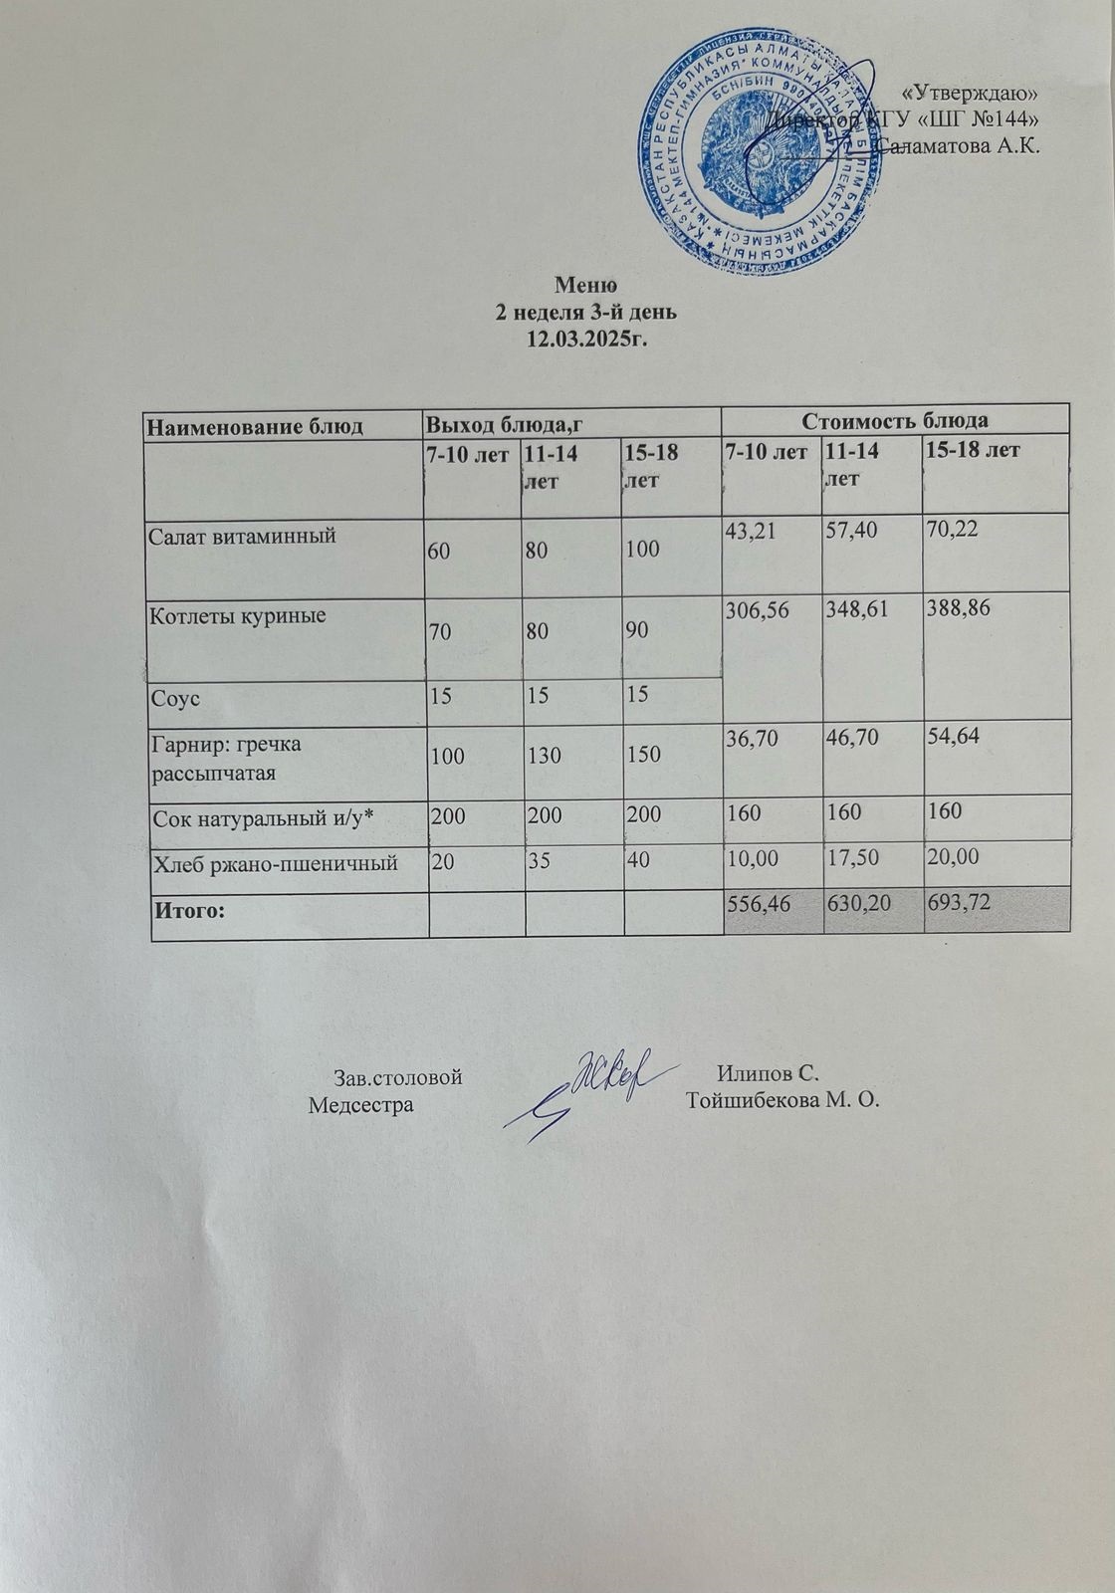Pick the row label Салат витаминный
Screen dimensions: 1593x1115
tap(242, 536)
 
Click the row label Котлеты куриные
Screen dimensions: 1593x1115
tap(238, 616)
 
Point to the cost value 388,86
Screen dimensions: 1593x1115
tap(958, 609)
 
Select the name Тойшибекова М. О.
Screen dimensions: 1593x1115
tap(783, 1102)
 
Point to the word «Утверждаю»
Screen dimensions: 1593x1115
tap(977, 93)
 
